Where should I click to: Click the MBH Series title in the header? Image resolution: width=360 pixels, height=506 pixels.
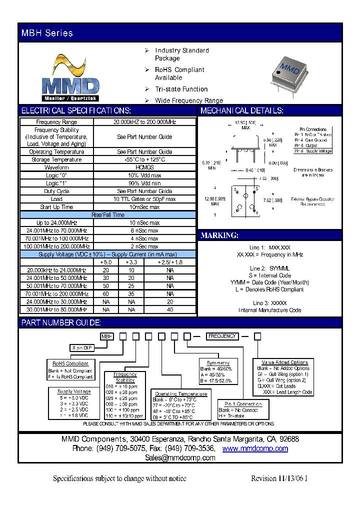[47, 33]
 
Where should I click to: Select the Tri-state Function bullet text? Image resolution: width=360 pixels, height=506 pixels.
[181, 89]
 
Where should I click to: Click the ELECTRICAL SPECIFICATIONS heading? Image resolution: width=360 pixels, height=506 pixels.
[76, 111]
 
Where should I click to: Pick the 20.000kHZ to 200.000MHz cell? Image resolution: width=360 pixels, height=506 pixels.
[144, 122]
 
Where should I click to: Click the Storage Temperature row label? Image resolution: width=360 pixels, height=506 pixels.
[56, 159]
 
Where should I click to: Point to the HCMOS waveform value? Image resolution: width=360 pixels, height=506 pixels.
[144, 167]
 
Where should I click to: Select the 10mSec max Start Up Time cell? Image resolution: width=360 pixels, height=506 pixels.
[144, 207]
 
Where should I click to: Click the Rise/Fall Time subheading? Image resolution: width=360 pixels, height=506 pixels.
[107, 215]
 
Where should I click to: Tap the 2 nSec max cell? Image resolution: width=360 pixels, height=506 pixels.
[144, 246]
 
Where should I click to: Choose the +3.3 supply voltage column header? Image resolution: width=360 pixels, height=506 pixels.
[131, 262]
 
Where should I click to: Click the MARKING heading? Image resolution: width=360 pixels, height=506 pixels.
[219, 235]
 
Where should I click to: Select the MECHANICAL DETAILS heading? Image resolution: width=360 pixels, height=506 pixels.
[242, 111]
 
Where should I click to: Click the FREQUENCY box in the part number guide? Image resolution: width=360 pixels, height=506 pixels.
[222, 336]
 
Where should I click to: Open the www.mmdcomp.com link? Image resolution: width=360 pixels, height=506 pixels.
[255, 448]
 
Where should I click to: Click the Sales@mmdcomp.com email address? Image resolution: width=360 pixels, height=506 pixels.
[180, 457]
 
